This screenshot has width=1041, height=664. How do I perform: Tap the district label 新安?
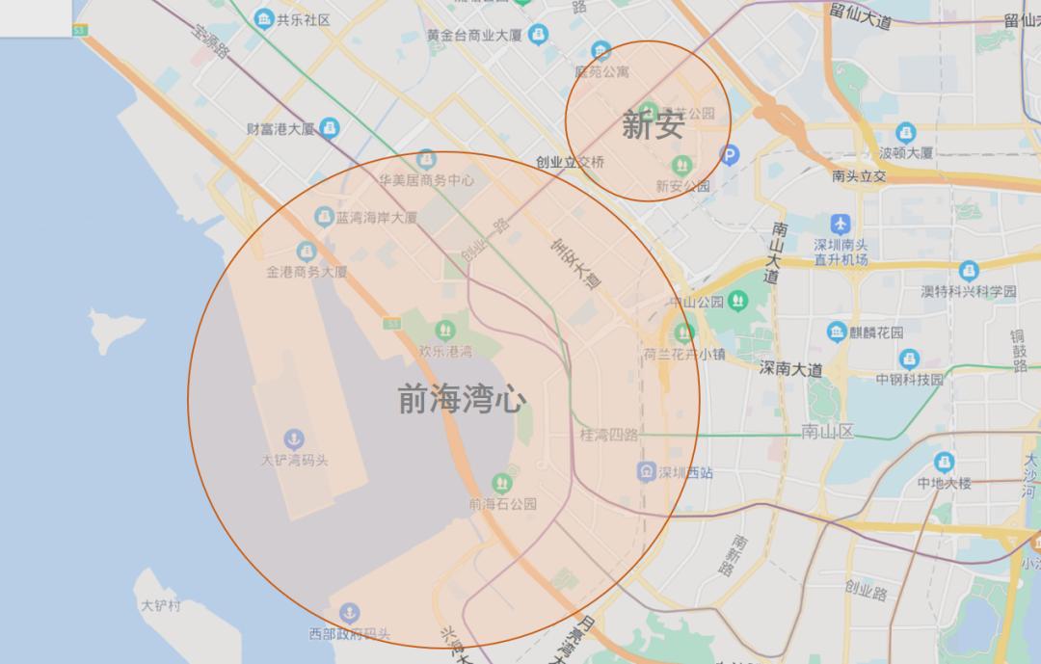tap(653, 124)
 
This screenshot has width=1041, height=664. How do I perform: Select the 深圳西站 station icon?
tap(646, 472)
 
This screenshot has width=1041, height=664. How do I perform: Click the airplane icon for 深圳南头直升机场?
tap(841, 224)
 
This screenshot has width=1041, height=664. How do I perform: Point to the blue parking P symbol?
tap(731, 153)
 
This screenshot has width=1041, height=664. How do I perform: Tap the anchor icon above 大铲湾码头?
tap(294, 439)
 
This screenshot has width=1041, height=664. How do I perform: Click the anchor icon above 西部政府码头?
tap(349, 612)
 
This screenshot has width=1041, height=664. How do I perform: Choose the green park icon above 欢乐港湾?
tap(445, 331)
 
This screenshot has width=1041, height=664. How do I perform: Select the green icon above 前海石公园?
tap(501, 483)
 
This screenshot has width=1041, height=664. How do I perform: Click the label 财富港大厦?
tap(280, 128)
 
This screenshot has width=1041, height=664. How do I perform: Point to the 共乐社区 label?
tap(304, 19)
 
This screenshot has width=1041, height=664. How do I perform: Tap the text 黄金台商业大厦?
tap(475, 36)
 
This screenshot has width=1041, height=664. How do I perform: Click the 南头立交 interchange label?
tap(858, 176)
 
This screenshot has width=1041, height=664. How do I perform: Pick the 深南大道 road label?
tap(790, 368)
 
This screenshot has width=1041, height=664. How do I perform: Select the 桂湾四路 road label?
tap(608, 435)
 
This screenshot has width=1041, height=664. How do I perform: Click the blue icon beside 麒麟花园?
tap(836, 332)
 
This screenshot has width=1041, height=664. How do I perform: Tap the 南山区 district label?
tap(827, 431)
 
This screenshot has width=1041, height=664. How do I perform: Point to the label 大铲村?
tap(161, 606)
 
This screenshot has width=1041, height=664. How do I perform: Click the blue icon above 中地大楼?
tap(943, 461)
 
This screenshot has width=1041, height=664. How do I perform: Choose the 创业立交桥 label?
tap(571, 162)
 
